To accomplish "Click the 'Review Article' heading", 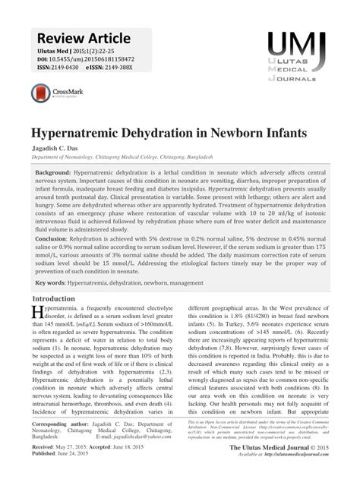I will (x=82, y=38).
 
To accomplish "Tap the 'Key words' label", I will (x=49, y=282).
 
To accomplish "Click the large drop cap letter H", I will (x=38, y=314).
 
